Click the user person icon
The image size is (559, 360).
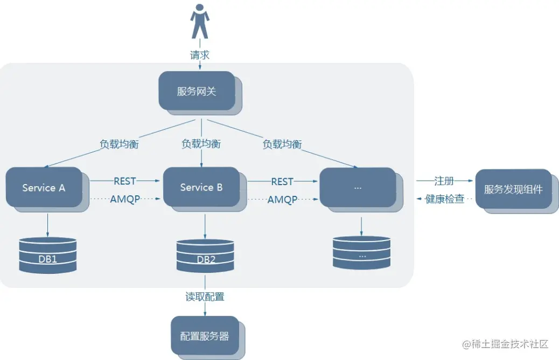[x=199, y=22]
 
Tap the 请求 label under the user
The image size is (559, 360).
[x=199, y=55]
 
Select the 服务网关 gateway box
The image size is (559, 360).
[x=197, y=90]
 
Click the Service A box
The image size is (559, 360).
[x=44, y=187]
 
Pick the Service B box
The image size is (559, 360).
[x=201, y=187]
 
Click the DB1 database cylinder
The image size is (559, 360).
[x=47, y=255]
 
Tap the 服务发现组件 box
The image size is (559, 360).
[x=513, y=189]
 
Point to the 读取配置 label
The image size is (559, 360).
[x=205, y=297]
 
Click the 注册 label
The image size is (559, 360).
[x=444, y=181]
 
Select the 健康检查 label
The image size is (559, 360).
[x=444, y=199]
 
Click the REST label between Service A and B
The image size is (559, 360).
[x=125, y=181]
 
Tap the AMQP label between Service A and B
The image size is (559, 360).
[x=125, y=199]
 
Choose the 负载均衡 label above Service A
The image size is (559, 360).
[x=119, y=144]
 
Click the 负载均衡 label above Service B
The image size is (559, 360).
[x=201, y=144]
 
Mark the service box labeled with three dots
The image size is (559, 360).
[x=358, y=187]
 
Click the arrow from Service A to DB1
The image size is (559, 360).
[x=47, y=224]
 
